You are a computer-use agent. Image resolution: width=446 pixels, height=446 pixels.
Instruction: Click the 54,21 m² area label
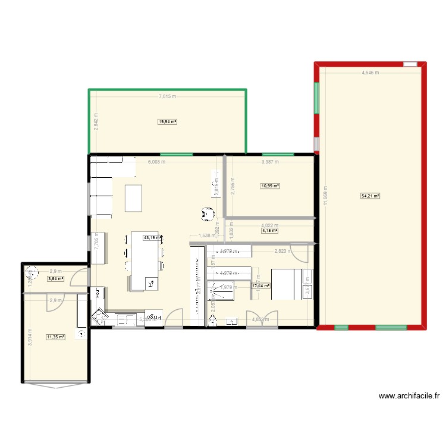tap(370, 195)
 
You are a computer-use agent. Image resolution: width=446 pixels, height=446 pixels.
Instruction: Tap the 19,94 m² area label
tap(168, 122)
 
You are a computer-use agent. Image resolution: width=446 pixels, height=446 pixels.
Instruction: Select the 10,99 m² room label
tap(270, 186)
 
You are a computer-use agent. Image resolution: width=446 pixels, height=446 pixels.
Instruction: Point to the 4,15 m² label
tap(270, 231)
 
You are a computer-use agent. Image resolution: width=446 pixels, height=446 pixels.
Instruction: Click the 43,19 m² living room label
tap(152, 237)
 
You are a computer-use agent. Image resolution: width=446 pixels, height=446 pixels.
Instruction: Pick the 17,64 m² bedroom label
tap(260, 285)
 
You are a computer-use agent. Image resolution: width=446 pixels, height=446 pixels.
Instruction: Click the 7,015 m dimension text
tap(168, 96)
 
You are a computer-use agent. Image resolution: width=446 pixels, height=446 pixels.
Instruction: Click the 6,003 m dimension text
tap(156, 162)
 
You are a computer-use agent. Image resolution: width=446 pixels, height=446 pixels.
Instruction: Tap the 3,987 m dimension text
tap(271, 162)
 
